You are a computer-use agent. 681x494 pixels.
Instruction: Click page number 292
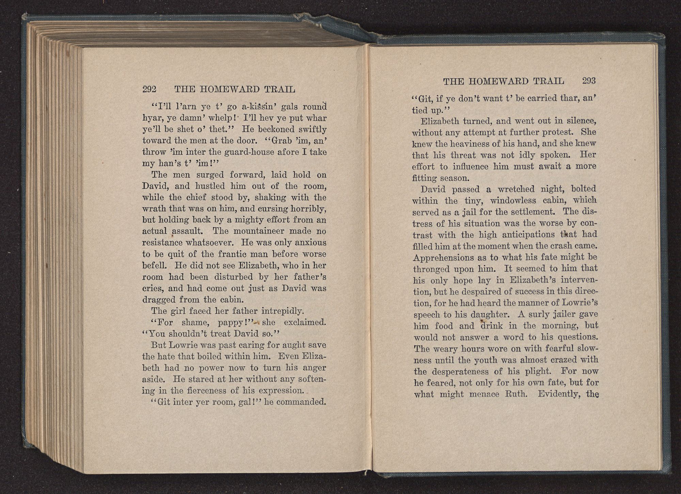[x=149, y=89]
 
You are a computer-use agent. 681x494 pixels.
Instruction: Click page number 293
[x=589, y=81]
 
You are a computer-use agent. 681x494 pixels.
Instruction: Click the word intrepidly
[x=282, y=311]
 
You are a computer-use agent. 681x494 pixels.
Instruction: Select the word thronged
[x=431, y=269]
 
